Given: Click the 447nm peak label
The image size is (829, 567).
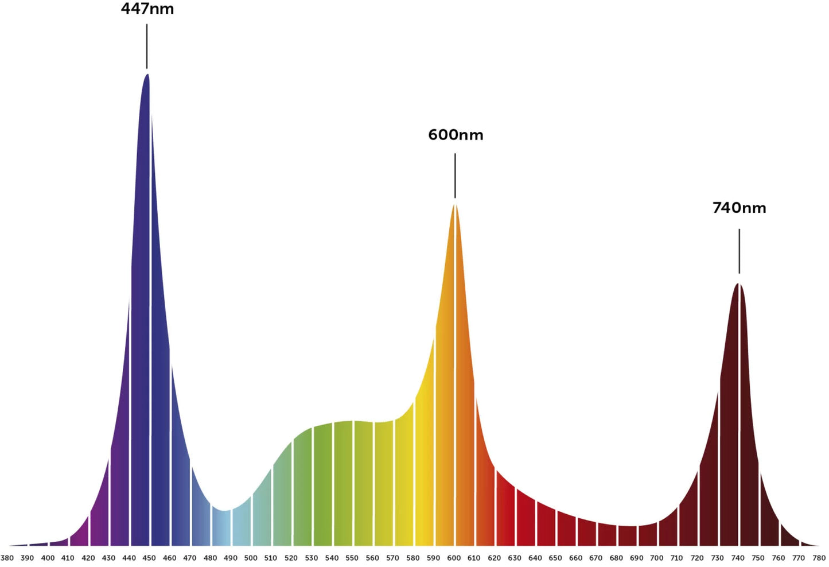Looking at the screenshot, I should click(147, 9).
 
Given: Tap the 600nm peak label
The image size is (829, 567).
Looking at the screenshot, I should click(456, 135).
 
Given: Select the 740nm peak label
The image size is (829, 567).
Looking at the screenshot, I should click(739, 208).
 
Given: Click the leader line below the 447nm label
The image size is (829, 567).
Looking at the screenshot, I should click(147, 46).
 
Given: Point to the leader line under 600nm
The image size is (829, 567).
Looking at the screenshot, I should click(455, 175).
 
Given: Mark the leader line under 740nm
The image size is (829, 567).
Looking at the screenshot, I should click(739, 251).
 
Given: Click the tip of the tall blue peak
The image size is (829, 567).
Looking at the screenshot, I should click(147, 75).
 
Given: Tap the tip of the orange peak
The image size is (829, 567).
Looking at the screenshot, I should click(455, 205).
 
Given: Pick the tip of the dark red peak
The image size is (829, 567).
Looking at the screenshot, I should click(739, 284).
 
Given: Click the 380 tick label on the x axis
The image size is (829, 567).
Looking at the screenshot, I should click(7, 558).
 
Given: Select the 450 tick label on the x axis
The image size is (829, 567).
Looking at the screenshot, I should click(149, 558).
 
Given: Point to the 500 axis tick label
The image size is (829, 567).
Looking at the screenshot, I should click(251, 558).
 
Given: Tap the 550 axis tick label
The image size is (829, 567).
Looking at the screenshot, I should click(352, 558).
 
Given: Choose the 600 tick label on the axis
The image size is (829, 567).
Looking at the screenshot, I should click(453, 558).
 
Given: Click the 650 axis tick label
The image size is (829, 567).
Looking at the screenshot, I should click(555, 558).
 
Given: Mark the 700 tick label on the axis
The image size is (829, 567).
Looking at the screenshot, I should click(656, 558).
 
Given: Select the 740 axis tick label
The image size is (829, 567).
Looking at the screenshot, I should click(738, 558).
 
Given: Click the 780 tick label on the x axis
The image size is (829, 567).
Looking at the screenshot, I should click(819, 558).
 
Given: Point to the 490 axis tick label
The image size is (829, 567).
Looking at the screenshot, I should click(230, 558).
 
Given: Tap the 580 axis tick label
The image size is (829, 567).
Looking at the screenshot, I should click(412, 558).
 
